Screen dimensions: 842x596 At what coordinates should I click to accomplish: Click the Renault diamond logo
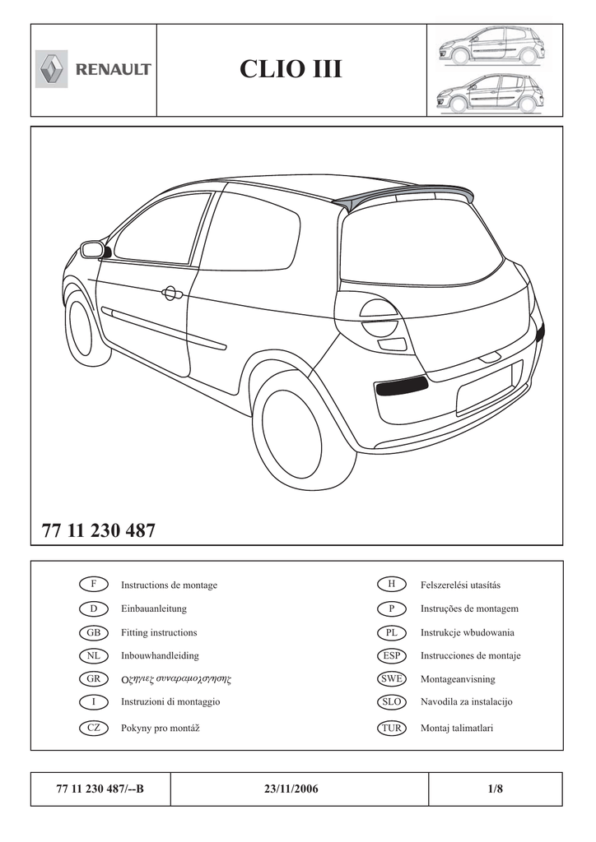[52, 69]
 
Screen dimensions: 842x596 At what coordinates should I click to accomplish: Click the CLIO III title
[291, 70]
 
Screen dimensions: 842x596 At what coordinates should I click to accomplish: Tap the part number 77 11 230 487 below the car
[98, 530]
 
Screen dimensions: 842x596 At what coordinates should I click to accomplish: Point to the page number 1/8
[495, 789]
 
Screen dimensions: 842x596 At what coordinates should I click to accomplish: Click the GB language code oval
[94, 632]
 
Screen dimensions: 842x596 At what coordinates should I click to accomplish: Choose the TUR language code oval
[391, 728]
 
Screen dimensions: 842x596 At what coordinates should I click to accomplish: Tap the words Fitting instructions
[159, 632]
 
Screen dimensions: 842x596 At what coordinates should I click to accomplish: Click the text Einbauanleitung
[154, 608]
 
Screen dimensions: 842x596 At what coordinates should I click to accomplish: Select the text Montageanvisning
[458, 680]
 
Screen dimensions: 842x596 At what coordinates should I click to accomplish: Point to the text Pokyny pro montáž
[161, 728]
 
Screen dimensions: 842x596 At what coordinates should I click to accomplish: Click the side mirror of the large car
[92, 249]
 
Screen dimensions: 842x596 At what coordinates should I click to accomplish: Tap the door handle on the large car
[171, 292]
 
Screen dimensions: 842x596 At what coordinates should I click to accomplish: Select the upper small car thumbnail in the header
[489, 46]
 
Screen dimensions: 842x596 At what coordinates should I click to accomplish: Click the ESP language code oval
[391, 656]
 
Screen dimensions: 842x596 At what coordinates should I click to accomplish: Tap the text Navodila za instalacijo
[467, 702]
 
